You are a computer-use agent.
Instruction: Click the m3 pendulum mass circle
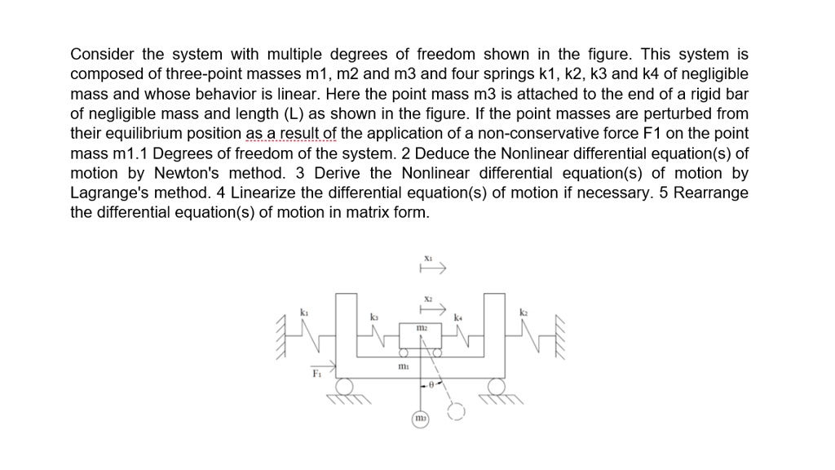click(421, 419)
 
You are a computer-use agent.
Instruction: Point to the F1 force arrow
click(323, 366)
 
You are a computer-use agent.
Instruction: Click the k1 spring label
click(304, 313)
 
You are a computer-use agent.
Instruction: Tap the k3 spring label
click(374, 316)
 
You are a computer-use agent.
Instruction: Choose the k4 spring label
click(458, 316)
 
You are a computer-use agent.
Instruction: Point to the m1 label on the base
click(403, 368)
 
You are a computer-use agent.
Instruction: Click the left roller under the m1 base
click(345, 386)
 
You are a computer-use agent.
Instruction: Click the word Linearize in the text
click(265, 193)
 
